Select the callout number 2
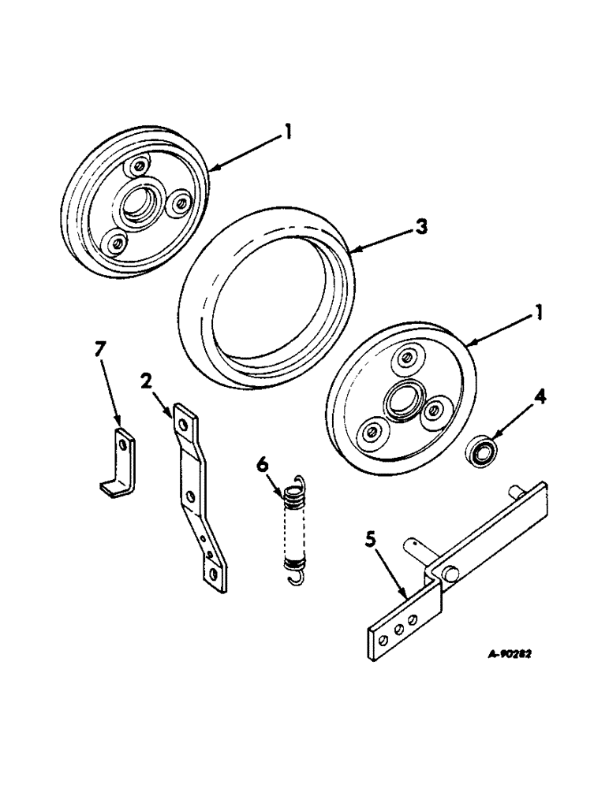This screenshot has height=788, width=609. click(147, 383)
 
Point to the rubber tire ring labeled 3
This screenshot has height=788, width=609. click(264, 303)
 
